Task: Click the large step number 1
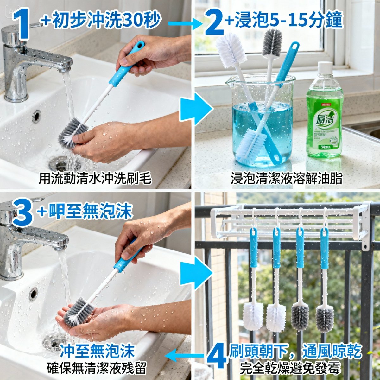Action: (x=22, y=24)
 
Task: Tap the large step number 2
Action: (x=214, y=22)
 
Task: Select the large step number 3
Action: (x=22, y=213)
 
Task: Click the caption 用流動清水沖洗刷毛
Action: (x=95, y=179)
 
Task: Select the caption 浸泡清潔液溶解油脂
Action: (x=287, y=179)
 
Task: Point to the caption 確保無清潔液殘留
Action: (x=97, y=368)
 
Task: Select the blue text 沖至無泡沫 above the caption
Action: (x=97, y=351)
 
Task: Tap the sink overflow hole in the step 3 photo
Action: (x=33, y=294)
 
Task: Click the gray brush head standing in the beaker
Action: (x=272, y=43)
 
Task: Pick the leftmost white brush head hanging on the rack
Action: (x=253, y=315)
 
